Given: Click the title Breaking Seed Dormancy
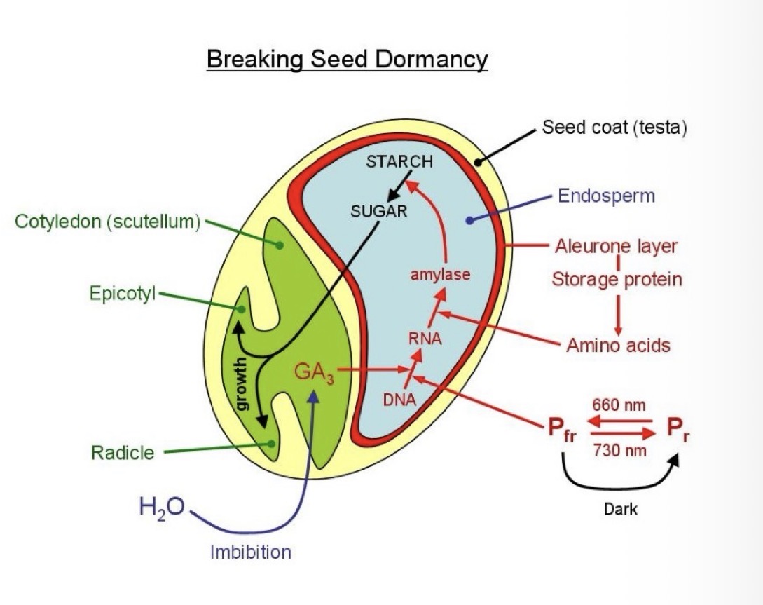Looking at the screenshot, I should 347,59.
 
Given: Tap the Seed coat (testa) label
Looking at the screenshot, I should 614,128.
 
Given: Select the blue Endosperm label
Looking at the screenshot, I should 606,196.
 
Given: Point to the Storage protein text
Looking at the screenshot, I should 617,279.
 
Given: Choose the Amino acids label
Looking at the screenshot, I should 618,345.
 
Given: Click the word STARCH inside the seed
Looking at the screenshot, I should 399,162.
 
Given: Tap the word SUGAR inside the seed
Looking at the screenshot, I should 378,211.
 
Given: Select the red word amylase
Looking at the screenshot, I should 440,275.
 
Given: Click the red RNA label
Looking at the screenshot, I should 425,339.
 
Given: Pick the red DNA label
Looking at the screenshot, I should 399,400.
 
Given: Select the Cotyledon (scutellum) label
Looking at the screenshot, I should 108,222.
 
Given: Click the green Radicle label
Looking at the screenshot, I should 123,452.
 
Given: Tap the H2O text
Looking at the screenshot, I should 161,507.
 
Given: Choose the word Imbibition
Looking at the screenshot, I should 250,552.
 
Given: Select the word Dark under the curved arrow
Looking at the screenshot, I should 620,509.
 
